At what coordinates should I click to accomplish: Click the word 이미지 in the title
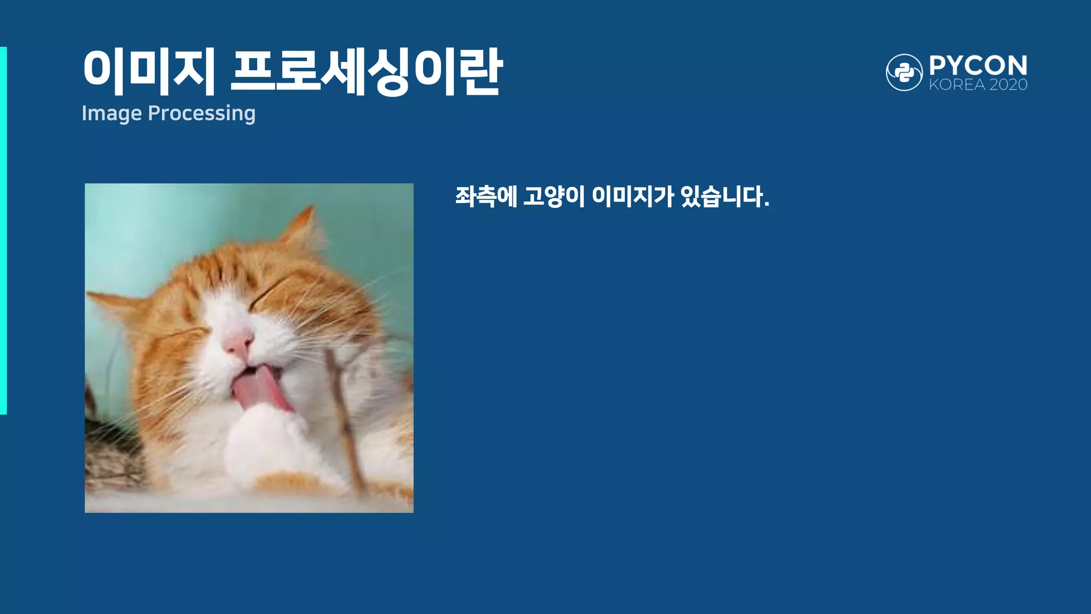(x=149, y=72)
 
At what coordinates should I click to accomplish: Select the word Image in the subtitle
(x=112, y=114)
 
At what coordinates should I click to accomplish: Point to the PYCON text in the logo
(x=978, y=66)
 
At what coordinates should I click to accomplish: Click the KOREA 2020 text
(x=978, y=85)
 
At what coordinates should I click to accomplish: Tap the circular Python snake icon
(x=904, y=72)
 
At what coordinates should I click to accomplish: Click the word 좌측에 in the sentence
(x=485, y=197)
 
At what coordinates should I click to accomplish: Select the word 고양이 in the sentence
(x=553, y=197)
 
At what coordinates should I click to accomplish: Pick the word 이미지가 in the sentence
(x=633, y=197)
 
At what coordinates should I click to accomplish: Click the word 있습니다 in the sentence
(x=721, y=197)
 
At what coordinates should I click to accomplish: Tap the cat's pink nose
(x=239, y=344)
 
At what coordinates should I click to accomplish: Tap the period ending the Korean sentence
(x=767, y=205)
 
